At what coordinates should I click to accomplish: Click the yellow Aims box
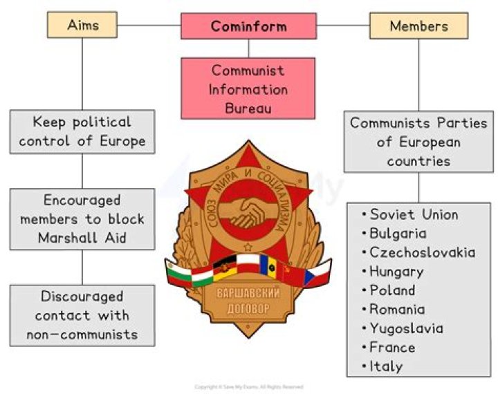(x=82, y=26)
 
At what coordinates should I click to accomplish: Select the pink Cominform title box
(x=248, y=27)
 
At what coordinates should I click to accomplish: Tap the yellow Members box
(x=418, y=26)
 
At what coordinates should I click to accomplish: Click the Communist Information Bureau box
(x=248, y=88)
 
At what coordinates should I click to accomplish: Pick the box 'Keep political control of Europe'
(x=82, y=131)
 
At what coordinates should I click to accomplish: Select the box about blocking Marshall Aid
(x=82, y=218)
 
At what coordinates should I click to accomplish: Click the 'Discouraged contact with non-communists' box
(x=82, y=315)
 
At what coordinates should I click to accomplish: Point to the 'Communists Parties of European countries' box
(x=418, y=142)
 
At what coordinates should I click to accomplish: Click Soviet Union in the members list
(x=413, y=214)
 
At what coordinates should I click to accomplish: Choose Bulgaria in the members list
(x=398, y=234)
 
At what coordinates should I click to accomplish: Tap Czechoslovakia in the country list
(x=422, y=252)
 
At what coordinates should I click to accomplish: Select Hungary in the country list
(x=396, y=272)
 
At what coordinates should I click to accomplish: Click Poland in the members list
(x=392, y=290)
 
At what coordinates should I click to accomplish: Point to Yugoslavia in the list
(x=406, y=328)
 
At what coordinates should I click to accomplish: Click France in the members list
(x=392, y=347)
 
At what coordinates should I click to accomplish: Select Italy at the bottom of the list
(x=385, y=366)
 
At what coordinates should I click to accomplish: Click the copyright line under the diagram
(x=248, y=387)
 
